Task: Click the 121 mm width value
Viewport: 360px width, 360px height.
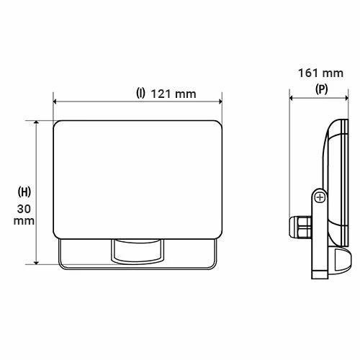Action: coord(174,94)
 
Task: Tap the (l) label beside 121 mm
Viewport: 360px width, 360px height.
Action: coord(140,94)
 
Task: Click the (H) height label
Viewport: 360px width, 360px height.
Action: coord(24,192)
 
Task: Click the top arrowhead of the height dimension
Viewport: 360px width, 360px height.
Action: coord(35,122)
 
